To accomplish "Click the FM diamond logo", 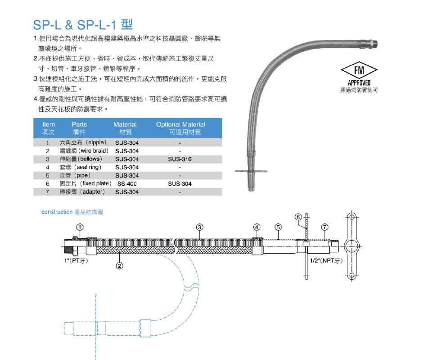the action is pyautogui.click(x=359, y=70).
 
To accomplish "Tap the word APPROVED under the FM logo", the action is pyautogui.click(x=359, y=83).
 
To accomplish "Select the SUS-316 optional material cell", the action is pyautogui.click(x=180, y=159).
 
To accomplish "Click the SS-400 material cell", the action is pyautogui.click(x=127, y=184).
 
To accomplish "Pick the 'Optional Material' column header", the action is pyautogui.click(x=181, y=124).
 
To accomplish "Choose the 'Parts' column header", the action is pyautogui.click(x=79, y=124).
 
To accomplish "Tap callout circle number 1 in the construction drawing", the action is pyautogui.click(x=80, y=227).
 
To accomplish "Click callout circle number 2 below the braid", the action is pyautogui.click(x=120, y=265).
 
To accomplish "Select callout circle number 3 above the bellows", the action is pyautogui.click(x=199, y=227).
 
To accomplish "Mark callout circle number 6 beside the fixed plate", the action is pyautogui.click(x=298, y=217).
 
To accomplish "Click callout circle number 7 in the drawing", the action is pyautogui.click(x=324, y=227).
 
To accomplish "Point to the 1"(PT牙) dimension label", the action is pyautogui.click(x=76, y=260).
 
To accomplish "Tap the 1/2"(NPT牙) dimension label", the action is pyautogui.click(x=326, y=260).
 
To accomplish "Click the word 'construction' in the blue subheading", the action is pyautogui.click(x=57, y=212).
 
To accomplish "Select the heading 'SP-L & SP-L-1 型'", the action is pyautogui.click(x=83, y=25).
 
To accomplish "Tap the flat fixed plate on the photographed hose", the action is pyautogui.click(x=251, y=171).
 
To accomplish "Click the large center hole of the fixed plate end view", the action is pyautogui.click(x=352, y=246).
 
